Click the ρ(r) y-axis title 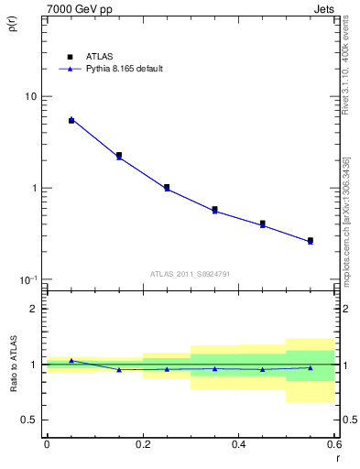[12, 25]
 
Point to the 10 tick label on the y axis [31, 97]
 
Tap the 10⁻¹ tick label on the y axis [29, 278]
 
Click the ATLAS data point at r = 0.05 [71, 120]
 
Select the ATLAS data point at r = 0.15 [119, 155]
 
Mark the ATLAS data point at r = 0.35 [214, 209]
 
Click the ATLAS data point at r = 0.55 [311, 240]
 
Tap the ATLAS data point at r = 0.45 [263, 223]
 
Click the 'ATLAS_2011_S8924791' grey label [191, 273]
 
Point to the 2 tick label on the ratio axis [35, 309]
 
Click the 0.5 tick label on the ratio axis [30, 420]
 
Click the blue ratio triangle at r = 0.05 [71, 361]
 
